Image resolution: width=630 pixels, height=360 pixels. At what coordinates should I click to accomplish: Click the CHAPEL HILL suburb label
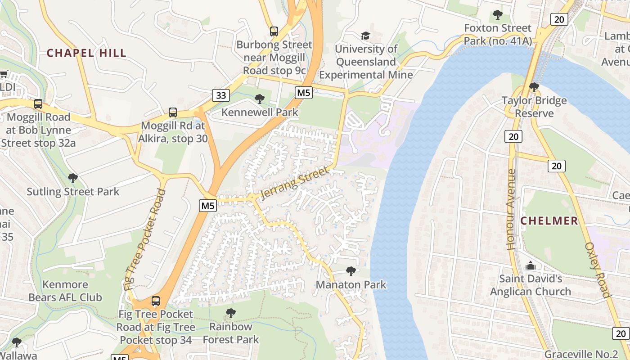point(87,53)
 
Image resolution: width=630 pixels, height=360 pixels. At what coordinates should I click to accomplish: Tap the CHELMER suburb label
point(549,221)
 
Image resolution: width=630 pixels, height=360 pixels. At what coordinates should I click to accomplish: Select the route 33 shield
point(221,95)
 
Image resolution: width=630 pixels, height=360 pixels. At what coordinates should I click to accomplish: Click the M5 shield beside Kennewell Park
point(304,93)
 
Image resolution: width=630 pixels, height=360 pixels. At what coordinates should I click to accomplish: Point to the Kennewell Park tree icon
point(260,99)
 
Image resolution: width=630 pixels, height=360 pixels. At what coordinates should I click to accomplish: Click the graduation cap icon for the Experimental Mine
point(365,36)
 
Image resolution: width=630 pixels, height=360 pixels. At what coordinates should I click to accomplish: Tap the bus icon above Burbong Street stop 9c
point(274,31)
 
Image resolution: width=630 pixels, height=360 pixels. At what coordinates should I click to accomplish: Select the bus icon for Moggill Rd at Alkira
point(173,112)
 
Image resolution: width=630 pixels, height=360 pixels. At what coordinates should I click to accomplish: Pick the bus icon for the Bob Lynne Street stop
point(38,104)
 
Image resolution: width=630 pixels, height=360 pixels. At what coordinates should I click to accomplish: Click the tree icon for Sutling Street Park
point(72,178)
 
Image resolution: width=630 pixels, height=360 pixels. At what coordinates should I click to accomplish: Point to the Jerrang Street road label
point(294,183)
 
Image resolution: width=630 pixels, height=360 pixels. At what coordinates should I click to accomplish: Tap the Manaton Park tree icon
point(351,271)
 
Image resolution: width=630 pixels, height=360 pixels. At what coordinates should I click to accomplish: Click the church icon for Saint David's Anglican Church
point(531,265)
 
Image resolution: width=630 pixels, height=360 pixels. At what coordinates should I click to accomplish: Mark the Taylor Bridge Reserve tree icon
point(534,87)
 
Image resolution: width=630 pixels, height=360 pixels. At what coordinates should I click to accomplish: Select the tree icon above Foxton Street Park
point(498,15)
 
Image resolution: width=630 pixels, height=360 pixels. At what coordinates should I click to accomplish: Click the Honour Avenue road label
point(511,209)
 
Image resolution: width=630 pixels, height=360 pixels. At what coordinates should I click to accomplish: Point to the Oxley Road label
point(598,270)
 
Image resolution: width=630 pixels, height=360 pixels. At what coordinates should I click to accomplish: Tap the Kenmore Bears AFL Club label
point(65,291)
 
